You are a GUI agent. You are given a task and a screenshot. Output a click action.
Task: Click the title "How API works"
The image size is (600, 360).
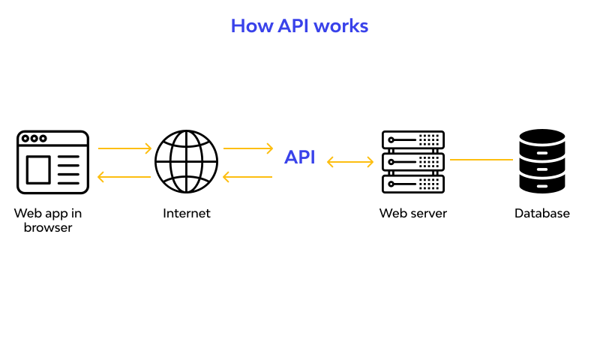coord(299,26)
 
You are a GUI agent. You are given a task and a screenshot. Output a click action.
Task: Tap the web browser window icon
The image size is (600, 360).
coord(52,162)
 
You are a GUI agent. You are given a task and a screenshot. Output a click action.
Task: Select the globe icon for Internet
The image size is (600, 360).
coord(186,162)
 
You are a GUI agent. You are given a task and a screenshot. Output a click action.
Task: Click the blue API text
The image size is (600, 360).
coord(299,157)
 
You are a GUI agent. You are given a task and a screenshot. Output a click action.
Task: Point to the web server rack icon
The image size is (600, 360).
coord(412,162)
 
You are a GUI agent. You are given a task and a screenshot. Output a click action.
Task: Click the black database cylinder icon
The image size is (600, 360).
coord(541,162)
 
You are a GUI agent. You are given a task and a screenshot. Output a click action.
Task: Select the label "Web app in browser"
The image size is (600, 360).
coord(48,220)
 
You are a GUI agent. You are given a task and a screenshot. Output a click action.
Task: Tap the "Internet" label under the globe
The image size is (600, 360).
coord(187,214)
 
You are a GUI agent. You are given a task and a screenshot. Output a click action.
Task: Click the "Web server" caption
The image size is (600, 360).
coord(412,214)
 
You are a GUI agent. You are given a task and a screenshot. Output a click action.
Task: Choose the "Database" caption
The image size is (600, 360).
coord(541,214)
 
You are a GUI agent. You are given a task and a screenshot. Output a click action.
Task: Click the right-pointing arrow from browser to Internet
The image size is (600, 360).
coord(124,148)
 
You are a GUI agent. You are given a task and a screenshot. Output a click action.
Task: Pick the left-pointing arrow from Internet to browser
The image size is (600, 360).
coord(124,177)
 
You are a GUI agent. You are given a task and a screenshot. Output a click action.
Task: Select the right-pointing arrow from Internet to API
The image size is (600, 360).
coord(248,148)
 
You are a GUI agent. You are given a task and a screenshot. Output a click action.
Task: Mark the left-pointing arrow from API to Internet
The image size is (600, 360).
coord(248,177)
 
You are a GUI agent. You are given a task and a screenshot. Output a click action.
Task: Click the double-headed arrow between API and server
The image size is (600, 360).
coord(350,161)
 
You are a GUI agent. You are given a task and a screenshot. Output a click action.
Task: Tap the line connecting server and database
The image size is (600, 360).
coord(481,160)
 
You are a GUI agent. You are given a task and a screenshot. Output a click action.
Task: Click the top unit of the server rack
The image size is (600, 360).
coord(412,140)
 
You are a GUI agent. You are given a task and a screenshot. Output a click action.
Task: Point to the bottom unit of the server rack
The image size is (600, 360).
coord(412,183)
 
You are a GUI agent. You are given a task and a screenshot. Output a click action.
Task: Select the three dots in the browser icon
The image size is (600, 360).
coord(34,139)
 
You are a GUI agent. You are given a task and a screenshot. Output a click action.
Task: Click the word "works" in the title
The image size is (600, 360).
coord(341,26)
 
